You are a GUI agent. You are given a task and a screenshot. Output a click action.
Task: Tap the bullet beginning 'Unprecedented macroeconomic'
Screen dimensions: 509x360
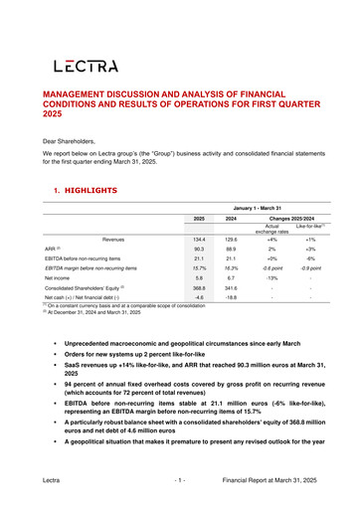(176, 343)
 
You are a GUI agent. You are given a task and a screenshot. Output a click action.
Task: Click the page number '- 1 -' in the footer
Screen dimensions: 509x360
(180, 480)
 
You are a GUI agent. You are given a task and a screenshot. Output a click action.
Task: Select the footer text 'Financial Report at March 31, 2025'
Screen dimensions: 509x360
(269, 480)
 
